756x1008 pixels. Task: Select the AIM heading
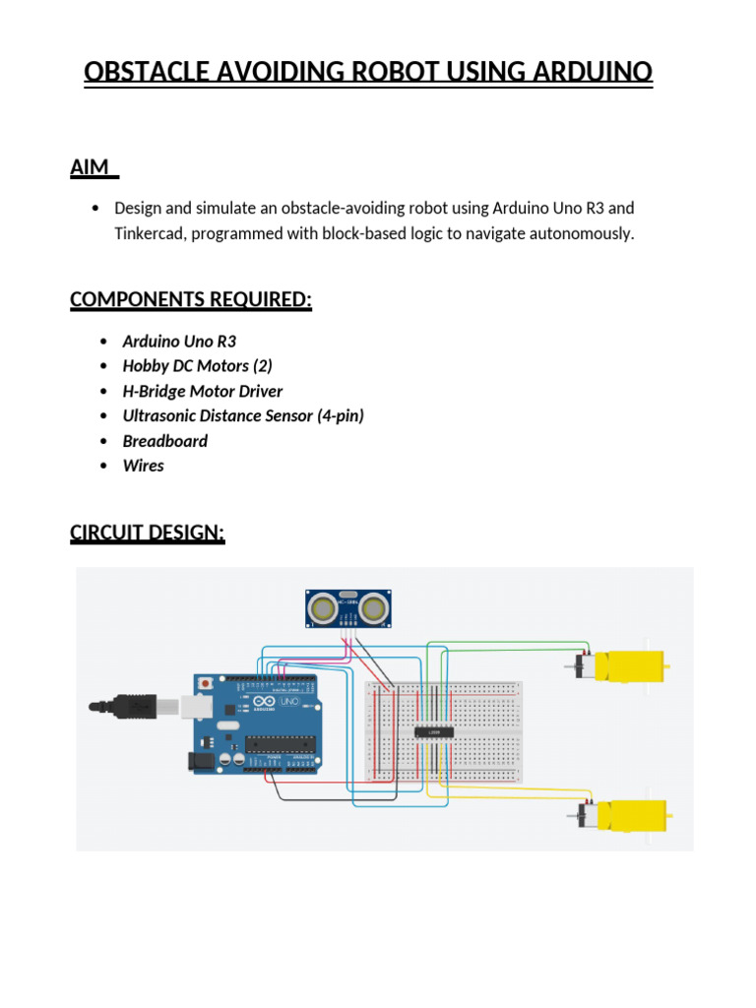pyautogui.click(x=91, y=167)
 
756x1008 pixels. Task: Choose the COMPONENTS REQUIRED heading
pyautogui.click(x=191, y=299)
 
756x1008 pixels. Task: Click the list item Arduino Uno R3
pyautogui.click(x=179, y=342)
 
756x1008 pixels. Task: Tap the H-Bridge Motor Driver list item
pyautogui.click(x=202, y=391)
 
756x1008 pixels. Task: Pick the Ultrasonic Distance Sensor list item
pyautogui.click(x=242, y=415)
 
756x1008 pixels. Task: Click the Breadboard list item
pyautogui.click(x=164, y=441)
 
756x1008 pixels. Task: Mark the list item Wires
pyautogui.click(x=143, y=466)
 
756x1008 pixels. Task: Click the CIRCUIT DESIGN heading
pyautogui.click(x=148, y=533)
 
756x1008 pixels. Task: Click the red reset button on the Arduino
pyautogui.click(x=205, y=682)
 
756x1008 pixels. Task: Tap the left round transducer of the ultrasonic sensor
pyautogui.click(x=322, y=607)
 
